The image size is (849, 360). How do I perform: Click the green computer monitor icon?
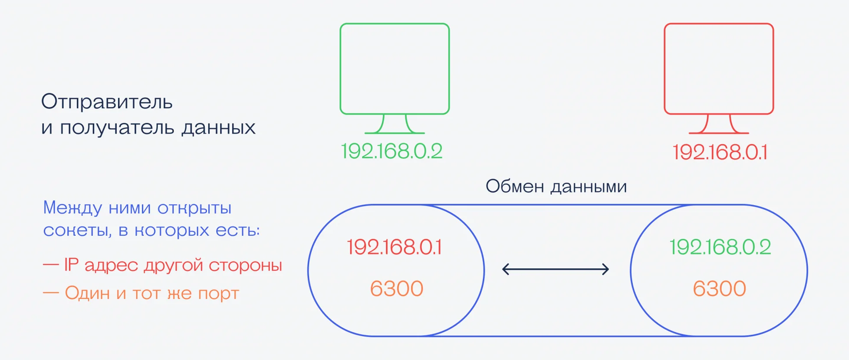tap(394, 78)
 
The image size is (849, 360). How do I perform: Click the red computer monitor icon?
tap(719, 78)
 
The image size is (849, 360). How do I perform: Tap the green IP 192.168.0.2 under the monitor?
tap(392, 151)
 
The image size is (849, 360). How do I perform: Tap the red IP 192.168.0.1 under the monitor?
tap(720, 152)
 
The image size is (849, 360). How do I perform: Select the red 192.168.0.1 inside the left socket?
tap(394, 247)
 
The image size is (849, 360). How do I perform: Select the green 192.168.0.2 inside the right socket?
tap(720, 247)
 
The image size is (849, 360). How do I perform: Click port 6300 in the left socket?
tap(397, 289)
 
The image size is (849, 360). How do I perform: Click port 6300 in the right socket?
tap(719, 289)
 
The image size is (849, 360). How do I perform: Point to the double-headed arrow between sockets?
tap(556, 269)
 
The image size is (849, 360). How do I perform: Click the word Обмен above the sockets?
tap(515, 186)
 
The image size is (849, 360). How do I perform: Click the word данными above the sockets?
tap(589, 187)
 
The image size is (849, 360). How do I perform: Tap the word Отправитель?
tap(107, 102)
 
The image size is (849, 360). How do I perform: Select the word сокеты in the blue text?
tap(77, 230)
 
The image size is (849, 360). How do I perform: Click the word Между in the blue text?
tap(73, 208)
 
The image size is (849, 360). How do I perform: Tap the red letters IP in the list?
tap(71, 264)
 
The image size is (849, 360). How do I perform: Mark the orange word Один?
tap(88, 293)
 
